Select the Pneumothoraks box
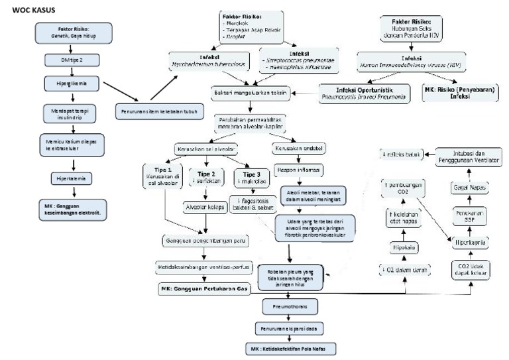(290, 308)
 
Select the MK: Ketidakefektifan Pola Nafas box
(290, 348)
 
